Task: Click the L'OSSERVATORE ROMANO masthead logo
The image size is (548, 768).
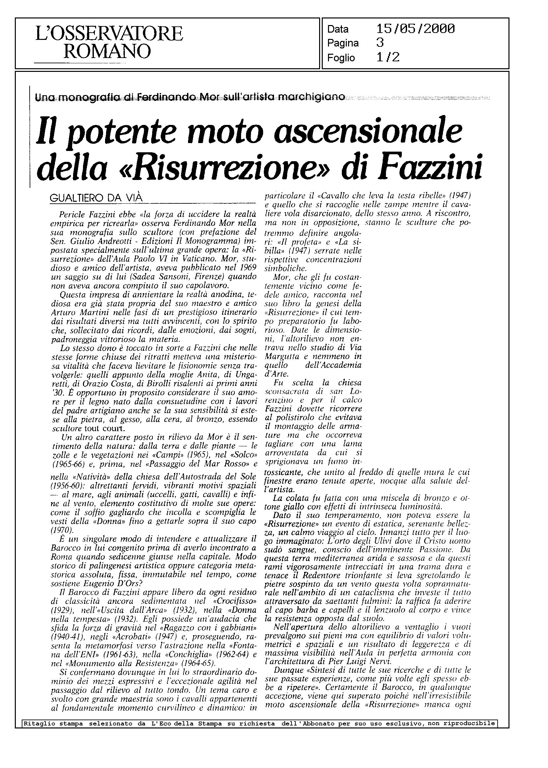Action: (109, 43)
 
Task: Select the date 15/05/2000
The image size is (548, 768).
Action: (415, 29)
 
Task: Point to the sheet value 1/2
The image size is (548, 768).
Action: (388, 57)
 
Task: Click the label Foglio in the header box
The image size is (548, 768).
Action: (341, 58)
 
